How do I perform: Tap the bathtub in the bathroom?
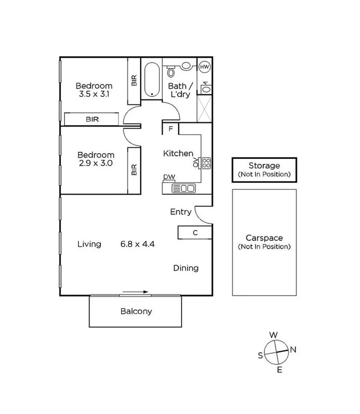point(152,79)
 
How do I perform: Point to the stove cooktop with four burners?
point(206,163)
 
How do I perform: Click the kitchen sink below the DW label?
point(183,188)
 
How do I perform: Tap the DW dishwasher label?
point(169,177)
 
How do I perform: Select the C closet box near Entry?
point(195,232)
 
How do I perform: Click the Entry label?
point(181,212)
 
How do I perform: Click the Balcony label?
point(136,311)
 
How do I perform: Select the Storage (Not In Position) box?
point(264,169)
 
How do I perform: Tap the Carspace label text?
point(264,238)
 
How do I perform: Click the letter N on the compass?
point(293,349)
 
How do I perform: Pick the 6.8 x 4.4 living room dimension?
point(137,244)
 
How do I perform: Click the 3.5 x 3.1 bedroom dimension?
point(94,94)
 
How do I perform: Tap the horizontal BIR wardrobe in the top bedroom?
point(92,119)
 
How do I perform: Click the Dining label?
point(186,268)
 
